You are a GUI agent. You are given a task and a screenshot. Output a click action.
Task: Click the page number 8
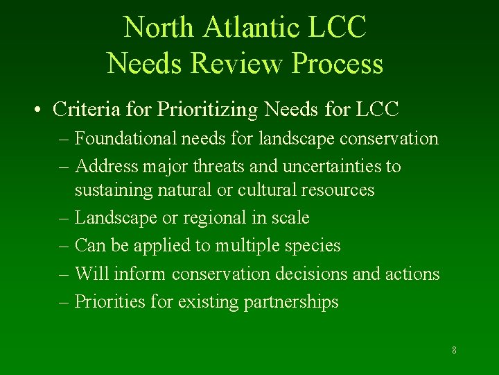pos(454,350)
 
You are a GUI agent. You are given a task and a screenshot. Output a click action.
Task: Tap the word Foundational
pos(127,139)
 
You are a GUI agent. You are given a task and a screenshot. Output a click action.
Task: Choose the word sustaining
pos(110,190)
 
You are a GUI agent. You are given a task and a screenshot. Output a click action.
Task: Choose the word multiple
pos(247,246)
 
